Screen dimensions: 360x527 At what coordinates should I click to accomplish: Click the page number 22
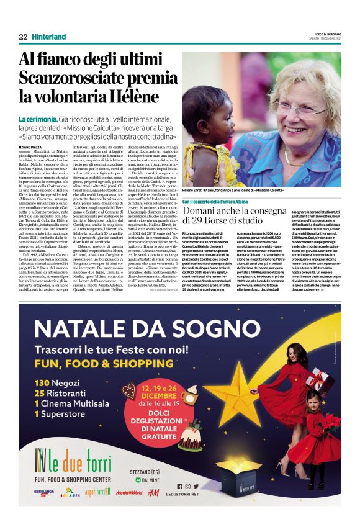point(23,37)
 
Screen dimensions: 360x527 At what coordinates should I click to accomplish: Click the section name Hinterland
point(49,37)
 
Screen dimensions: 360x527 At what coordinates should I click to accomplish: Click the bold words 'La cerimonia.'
point(38,119)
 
